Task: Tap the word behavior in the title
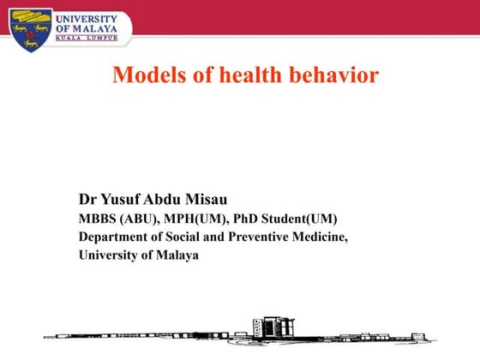[334, 75]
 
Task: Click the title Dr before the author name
[87, 200]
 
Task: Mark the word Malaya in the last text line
[177, 255]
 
